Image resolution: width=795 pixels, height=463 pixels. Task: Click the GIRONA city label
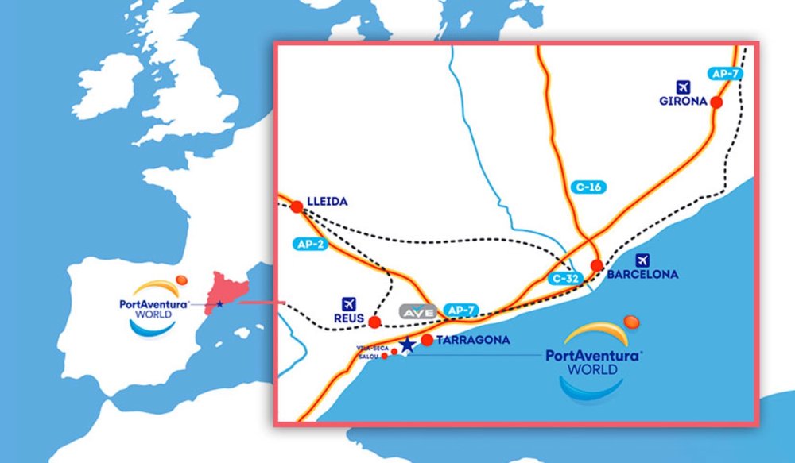682,102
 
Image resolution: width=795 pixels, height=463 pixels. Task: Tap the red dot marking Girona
716,102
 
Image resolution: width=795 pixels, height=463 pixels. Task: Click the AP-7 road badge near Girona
725,74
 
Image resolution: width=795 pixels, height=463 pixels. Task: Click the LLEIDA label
327,202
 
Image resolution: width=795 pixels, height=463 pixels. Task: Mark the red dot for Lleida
297,206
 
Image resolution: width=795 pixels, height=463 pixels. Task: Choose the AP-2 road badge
310,245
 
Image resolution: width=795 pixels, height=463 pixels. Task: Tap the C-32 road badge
566,279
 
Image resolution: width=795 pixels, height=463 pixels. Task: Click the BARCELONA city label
642,275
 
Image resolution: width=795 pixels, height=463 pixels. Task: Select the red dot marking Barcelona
597,265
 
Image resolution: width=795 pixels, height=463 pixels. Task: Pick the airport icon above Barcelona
642,259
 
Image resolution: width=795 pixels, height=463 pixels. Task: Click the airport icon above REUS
347,303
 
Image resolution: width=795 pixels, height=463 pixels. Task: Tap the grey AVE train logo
419,312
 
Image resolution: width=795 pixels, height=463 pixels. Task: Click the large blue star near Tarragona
407,344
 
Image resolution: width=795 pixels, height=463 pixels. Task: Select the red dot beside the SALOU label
385,356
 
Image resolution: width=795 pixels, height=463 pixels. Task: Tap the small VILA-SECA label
373,348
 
